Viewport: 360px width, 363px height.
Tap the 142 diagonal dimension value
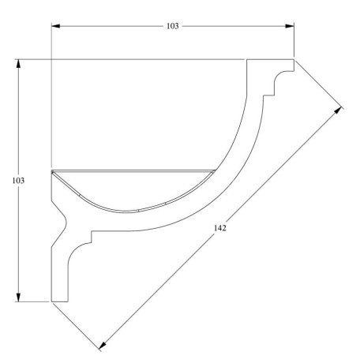click(x=221, y=229)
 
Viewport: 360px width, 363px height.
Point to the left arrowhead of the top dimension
click(x=55, y=26)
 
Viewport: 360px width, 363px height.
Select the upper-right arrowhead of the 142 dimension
click(x=341, y=110)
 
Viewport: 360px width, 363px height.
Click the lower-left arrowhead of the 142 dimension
click(x=102, y=346)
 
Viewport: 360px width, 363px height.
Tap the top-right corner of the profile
click(x=294, y=59)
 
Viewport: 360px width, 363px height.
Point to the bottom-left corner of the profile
click(x=51, y=301)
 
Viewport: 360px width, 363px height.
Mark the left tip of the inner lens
click(x=52, y=171)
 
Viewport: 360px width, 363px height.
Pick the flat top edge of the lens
click(x=133, y=170)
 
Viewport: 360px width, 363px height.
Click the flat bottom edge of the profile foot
click(x=60, y=301)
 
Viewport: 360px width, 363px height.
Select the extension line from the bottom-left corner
click(x=76, y=324)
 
